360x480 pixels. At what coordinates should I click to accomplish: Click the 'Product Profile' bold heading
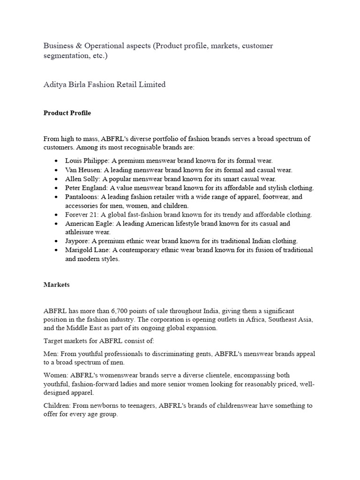pos(67,113)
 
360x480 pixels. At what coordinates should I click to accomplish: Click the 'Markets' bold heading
pos(57,284)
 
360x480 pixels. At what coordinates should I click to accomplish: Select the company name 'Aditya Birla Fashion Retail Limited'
pos(105,84)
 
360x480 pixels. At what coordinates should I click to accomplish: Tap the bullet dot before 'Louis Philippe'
pos(56,161)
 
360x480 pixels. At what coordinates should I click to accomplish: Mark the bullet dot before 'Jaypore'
pos(56,241)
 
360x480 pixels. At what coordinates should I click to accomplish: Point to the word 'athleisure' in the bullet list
pos(80,232)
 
